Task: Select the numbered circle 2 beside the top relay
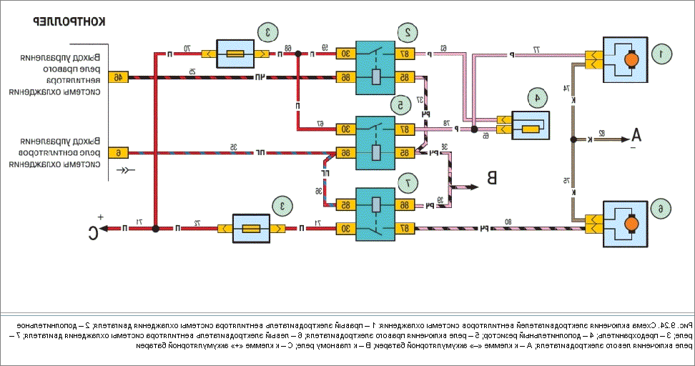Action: coord(408,31)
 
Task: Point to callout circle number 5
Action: coord(398,105)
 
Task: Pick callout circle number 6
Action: coord(660,209)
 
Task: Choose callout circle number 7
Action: coord(408,183)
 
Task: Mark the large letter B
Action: coord(492,177)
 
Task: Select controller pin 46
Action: coord(117,76)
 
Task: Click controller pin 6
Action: coord(117,152)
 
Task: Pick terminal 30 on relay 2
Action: coord(344,54)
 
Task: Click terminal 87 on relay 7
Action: coord(405,229)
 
